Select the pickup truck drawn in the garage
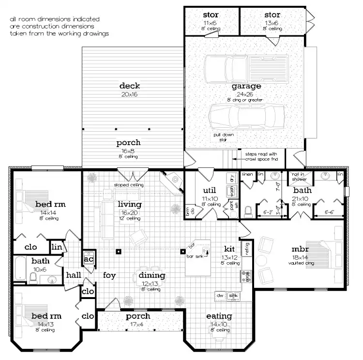pos(245,68)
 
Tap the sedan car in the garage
pos(246,116)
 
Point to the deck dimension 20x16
pos(129,94)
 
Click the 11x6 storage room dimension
pos(211,23)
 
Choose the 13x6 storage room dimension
pos(272,23)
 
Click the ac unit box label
pos(88,259)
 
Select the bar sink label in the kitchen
pos(195,255)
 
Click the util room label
pos(209,190)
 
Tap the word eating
pos(219,316)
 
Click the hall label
pos(74,274)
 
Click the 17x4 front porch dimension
pos(138,324)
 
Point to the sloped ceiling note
pos(129,185)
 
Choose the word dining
pos(152,275)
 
